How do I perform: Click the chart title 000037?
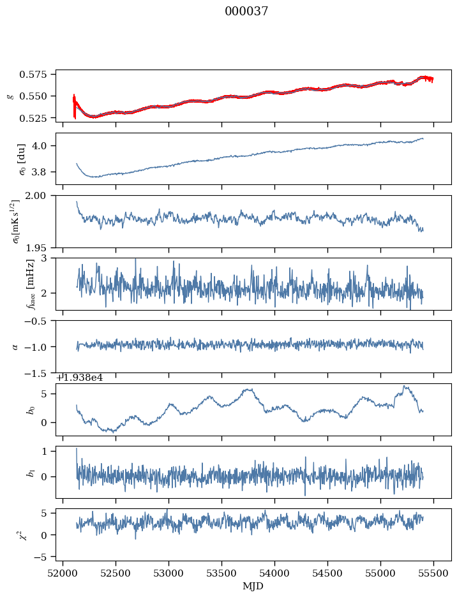point(246,11)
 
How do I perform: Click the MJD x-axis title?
point(253,586)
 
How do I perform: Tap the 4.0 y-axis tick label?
point(45,145)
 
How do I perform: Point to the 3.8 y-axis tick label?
point(45,172)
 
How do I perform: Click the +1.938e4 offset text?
point(79,378)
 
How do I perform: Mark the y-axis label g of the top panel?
point(10,96)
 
